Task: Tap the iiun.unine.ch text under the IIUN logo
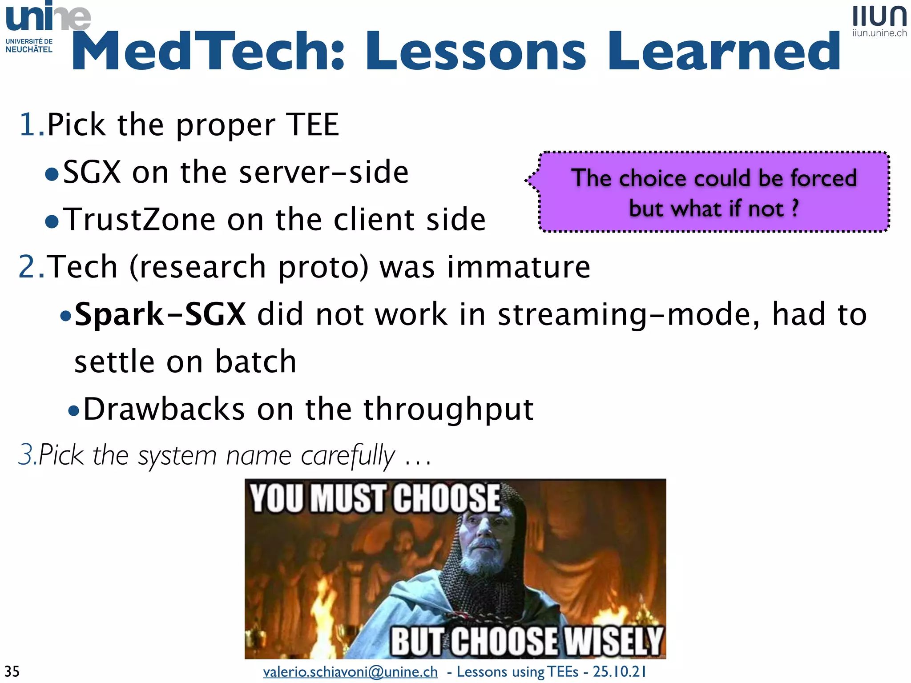pos(879,33)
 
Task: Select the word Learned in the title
pos(724,51)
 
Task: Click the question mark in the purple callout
pos(795,208)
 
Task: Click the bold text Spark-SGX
pos(160,314)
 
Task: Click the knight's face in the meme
pos(483,540)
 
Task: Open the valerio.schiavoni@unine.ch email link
pos(350,671)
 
